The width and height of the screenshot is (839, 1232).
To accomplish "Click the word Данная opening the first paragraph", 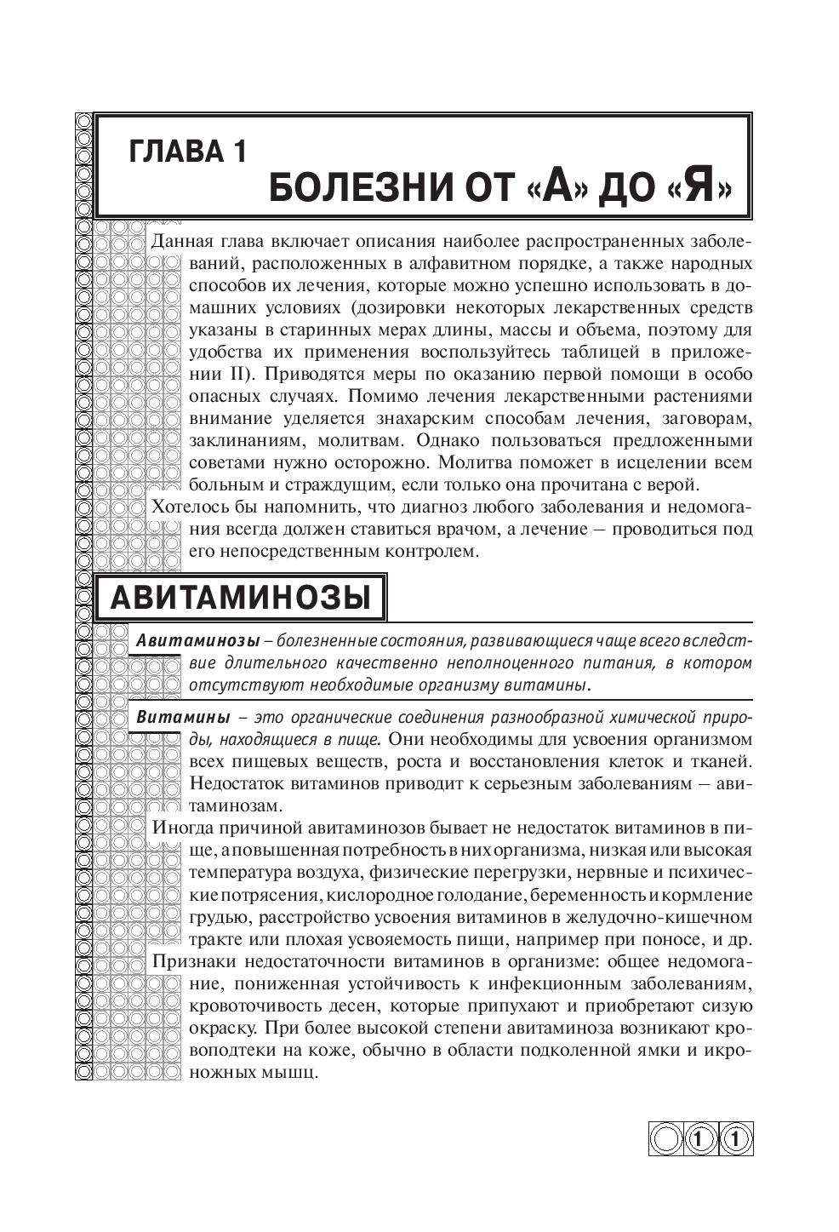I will coord(183,241).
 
